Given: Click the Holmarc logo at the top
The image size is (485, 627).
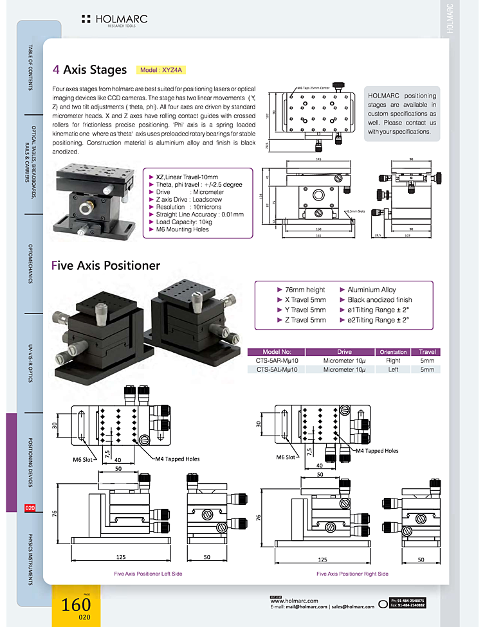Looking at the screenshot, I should [x=114, y=20].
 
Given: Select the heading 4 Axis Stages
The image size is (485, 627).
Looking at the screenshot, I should [x=91, y=69].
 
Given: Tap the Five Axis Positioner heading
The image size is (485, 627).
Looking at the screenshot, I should [x=105, y=265].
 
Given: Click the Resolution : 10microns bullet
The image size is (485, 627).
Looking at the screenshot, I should [x=188, y=208].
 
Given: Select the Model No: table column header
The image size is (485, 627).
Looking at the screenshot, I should [x=277, y=352].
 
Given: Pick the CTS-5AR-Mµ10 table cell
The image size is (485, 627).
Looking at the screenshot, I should [x=277, y=361].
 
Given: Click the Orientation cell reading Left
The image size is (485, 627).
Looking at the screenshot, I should [x=393, y=370].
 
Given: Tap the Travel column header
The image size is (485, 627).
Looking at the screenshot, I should [x=427, y=352].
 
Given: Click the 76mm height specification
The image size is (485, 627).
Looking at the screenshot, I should [x=305, y=290].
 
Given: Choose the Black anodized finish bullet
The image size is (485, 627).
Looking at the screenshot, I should [x=380, y=300].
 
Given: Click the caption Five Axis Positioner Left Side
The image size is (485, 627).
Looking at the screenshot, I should [x=148, y=574].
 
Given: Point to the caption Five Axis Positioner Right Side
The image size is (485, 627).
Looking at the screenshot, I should [x=352, y=574].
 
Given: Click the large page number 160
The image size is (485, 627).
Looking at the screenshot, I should [x=76, y=605].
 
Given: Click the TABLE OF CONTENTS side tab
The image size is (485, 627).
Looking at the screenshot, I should [x=30, y=67].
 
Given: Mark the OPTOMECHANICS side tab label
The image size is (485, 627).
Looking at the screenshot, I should [x=30, y=264].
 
